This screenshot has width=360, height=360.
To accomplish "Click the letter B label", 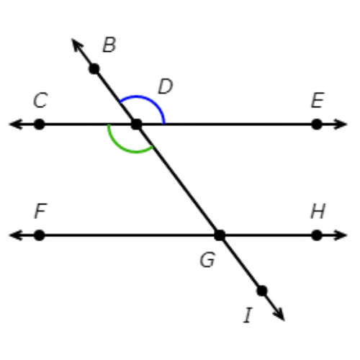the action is [x=109, y=45].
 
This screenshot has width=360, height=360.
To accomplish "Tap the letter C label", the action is [x=40, y=100].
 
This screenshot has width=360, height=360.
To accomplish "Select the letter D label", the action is [x=166, y=86].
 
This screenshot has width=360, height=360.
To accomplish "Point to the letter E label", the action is [x=318, y=100].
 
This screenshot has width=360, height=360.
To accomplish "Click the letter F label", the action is [x=40, y=211].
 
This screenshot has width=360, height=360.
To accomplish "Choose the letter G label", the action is [x=207, y=260].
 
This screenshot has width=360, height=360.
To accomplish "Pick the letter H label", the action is [x=318, y=211].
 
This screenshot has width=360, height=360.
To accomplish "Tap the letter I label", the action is [x=248, y=315].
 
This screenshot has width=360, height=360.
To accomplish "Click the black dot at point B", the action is [x=94, y=69].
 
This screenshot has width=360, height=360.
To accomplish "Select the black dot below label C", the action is [x=40, y=125].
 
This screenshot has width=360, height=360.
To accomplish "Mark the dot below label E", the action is [x=317, y=125].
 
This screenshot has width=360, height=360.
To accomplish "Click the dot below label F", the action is [x=40, y=235].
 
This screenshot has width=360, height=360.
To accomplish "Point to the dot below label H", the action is [x=317, y=235].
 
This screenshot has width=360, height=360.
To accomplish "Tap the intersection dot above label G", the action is [x=220, y=235].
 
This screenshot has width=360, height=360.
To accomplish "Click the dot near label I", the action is [x=262, y=291].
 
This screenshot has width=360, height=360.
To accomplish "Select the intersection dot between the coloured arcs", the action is [x=137, y=125].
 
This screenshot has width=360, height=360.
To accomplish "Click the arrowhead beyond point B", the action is [x=77, y=45].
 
